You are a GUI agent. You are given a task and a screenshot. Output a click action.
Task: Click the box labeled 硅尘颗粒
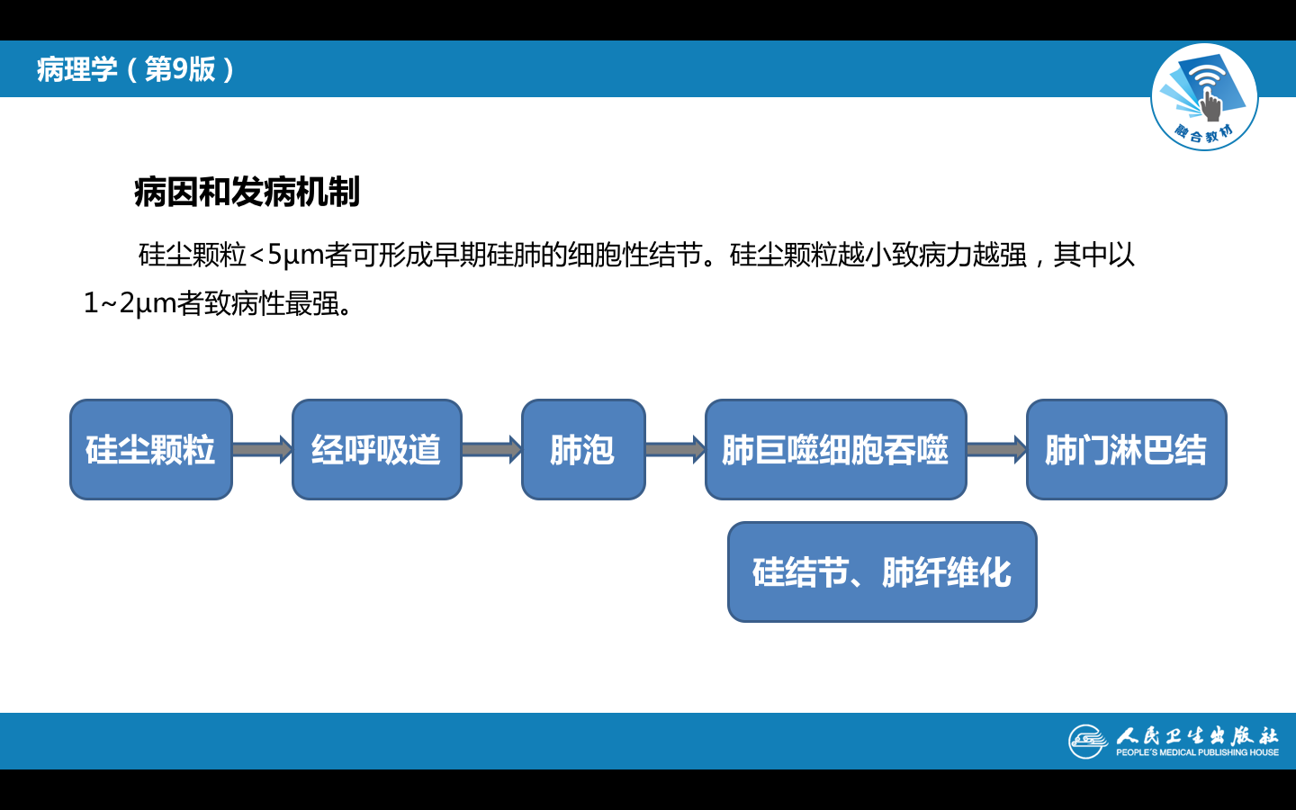pos(151,449)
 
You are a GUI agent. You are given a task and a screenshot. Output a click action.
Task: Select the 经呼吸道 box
pos(376,449)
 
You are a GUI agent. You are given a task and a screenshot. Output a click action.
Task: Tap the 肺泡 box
pos(583,449)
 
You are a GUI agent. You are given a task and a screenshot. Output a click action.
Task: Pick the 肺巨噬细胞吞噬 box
pos(835,449)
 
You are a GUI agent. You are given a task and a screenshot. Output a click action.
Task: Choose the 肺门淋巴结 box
pos(1126,449)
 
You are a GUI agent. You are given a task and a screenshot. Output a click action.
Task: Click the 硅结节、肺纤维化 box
pos(882,571)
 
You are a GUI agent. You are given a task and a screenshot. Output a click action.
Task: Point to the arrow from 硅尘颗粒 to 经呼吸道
pos(262,449)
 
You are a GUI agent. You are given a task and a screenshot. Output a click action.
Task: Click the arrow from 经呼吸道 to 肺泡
pos(491,449)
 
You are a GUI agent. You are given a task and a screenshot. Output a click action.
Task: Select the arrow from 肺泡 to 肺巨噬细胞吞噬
pos(675,449)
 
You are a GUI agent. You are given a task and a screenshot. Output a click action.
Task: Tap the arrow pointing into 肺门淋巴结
pos(996,449)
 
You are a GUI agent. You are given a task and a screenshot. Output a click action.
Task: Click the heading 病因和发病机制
pos(247,192)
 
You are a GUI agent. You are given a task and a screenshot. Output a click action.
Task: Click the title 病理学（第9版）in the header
pos(135,69)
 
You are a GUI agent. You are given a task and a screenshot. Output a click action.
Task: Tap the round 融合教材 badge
pos(1204,97)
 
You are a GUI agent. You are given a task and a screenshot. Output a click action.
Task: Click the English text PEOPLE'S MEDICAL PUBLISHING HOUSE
pos(1197,752)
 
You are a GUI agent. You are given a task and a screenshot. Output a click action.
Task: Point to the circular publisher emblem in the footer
pos(1087,742)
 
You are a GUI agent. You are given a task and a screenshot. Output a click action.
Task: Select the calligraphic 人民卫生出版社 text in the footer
pos(1197,735)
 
